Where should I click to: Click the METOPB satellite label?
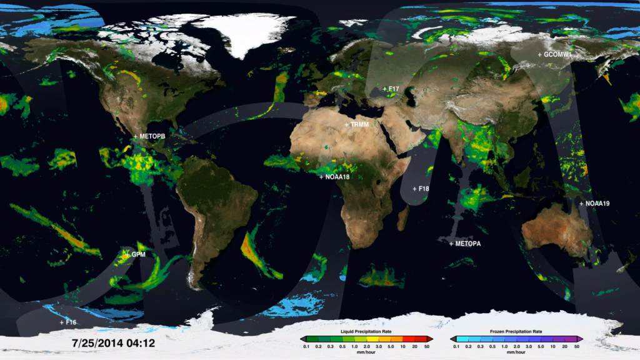click(x=152, y=136)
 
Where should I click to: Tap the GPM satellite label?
click(x=137, y=255)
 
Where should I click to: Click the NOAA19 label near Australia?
click(x=597, y=204)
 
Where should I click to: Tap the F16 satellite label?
click(x=68, y=322)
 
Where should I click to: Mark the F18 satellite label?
click(x=424, y=188)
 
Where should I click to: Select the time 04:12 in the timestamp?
click(x=141, y=343)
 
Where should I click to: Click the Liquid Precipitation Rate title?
click(x=366, y=331)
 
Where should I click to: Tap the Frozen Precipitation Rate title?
click(x=516, y=331)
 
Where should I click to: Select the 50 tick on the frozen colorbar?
click(x=577, y=346)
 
